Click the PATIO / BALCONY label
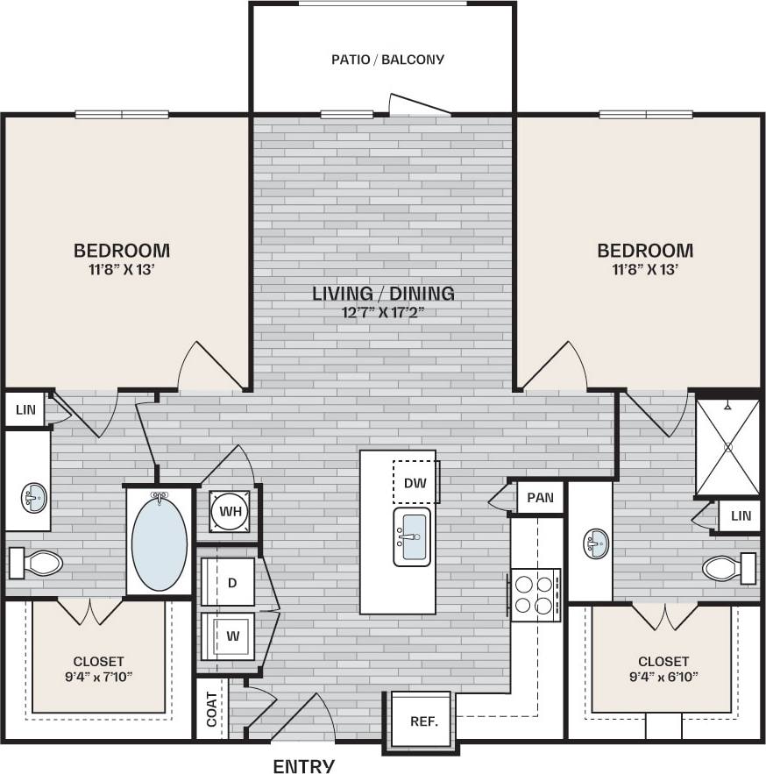pyautogui.click(x=387, y=60)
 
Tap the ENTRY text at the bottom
pyautogui.click(x=304, y=765)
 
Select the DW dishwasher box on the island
pyautogui.click(x=415, y=482)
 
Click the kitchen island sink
pyautogui.click(x=412, y=536)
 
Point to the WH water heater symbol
pyautogui.click(x=231, y=510)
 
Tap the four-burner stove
pyautogui.click(x=535, y=594)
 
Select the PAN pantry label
pyautogui.click(x=540, y=497)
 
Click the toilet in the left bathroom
pyautogui.click(x=35, y=563)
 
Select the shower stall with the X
pyautogui.click(x=727, y=446)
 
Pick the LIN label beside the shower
pyautogui.click(x=741, y=516)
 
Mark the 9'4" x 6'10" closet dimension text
pyautogui.click(x=663, y=677)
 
